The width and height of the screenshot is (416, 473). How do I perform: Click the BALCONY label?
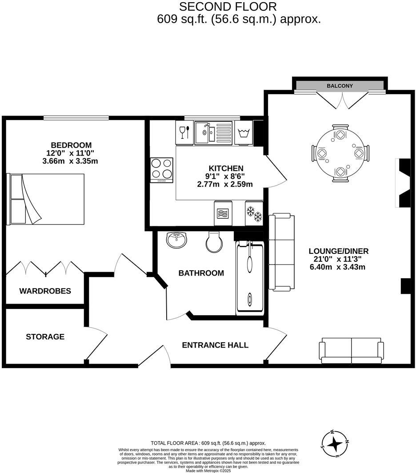click(340, 86)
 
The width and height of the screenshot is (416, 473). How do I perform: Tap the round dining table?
click(340, 153)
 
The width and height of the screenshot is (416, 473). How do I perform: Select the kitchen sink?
click(213, 132)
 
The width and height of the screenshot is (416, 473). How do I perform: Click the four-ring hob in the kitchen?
click(162, 170)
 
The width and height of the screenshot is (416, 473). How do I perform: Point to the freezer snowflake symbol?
click(254, 213)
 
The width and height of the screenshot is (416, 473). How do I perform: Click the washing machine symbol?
click(243, 132)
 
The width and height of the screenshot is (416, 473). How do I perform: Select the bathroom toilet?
click(213, 241)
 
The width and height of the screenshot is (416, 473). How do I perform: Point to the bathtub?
click(249, 277)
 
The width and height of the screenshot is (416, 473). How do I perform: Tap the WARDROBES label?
click(45, 291)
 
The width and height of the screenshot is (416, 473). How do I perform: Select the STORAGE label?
click(45, 337)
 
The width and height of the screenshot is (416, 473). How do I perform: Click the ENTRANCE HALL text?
click(215, 345)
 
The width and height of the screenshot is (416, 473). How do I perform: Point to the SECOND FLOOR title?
click(228, 7)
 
